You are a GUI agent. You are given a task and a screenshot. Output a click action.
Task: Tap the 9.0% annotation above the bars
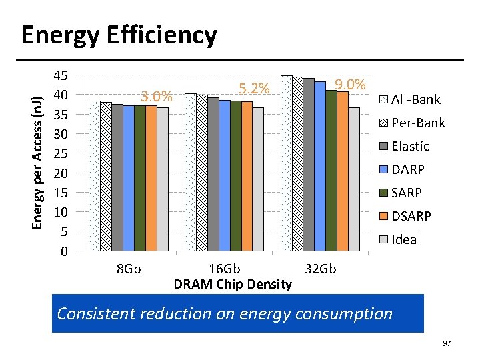point(350,85)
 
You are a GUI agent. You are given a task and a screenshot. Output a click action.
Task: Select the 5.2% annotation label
point(254,89)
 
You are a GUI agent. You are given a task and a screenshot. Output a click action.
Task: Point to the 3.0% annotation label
point(157,97)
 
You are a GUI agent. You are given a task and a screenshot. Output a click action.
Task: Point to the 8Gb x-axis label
point(128,269)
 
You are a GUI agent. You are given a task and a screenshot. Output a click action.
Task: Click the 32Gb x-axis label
point(320,269)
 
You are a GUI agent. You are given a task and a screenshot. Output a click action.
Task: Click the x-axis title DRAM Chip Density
point(233,285)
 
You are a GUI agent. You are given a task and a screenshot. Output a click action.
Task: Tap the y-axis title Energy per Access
point(39,153)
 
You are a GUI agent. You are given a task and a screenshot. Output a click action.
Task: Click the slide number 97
point(446,343)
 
